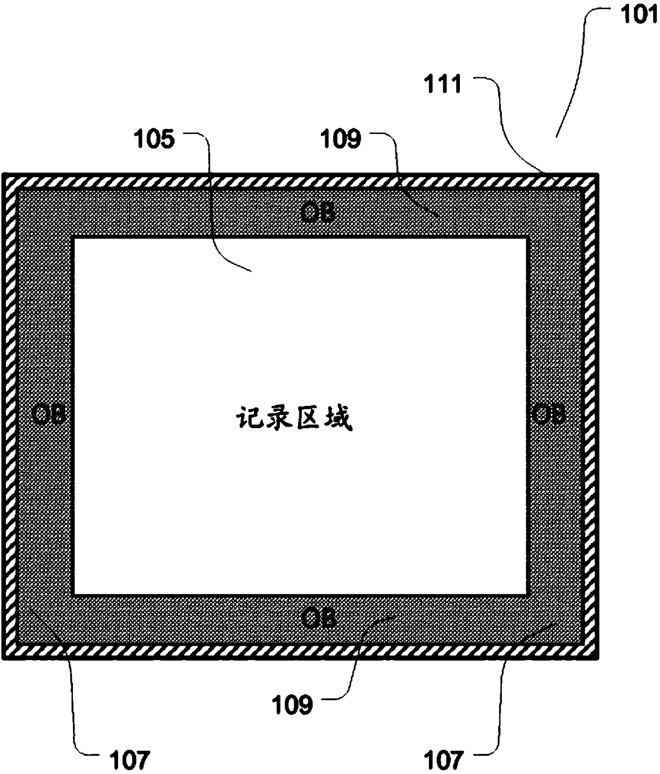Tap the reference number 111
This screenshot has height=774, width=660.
[443, 84]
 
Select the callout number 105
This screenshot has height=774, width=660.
[154, 139]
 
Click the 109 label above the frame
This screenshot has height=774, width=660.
[341, 139]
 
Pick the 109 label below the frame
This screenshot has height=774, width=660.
[292, 705]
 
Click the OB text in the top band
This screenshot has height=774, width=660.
[318, 213]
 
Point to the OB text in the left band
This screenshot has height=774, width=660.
[48, 414]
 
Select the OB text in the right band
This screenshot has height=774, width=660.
[548, 414]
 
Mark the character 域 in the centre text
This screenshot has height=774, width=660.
[338, 418]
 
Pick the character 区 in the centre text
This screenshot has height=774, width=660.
[309, 418]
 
